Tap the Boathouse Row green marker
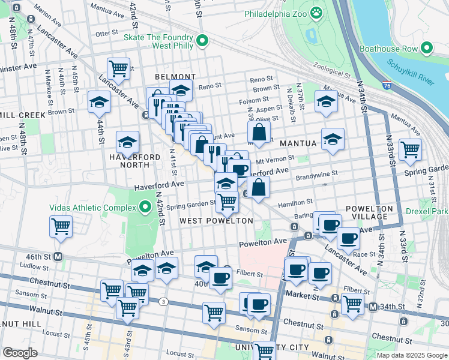point(427,47)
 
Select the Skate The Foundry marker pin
point(202,41)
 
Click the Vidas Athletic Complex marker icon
point(145,208)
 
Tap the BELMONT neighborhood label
point(175,77)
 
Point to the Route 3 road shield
point(163,301)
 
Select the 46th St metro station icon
point(58,256)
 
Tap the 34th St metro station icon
point(373,307)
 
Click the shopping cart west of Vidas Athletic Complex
point(61,226)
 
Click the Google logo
point(20,353)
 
